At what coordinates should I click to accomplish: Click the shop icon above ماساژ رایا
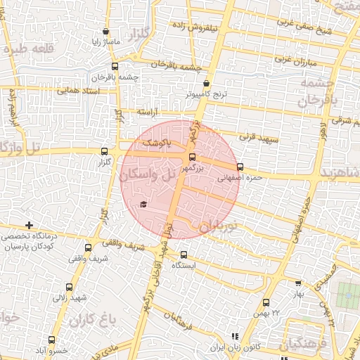click(105, 32)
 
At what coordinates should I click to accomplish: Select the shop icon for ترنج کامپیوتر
click(206, 82)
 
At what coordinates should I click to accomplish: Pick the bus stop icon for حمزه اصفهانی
click(240, 167)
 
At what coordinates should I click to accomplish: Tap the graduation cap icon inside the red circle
click(143, 204)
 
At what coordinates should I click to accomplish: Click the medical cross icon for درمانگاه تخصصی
click(29, 225)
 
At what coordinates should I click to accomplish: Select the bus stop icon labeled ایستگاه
click(184, 255)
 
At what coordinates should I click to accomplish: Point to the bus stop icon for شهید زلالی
click(69, 286)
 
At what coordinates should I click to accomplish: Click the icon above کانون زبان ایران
click(235, 337)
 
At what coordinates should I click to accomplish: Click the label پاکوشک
click(158, 143)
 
